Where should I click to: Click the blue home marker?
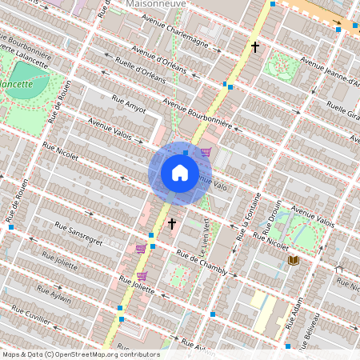[x=180, y=173]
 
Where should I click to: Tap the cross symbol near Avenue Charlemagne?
[x=255, y=48]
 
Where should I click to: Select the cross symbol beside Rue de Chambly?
[x=171, y=224]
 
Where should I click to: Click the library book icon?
[x=293, y=260]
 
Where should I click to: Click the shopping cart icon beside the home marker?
[x=206, y=152]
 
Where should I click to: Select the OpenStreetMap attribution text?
[x=80, y=354]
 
